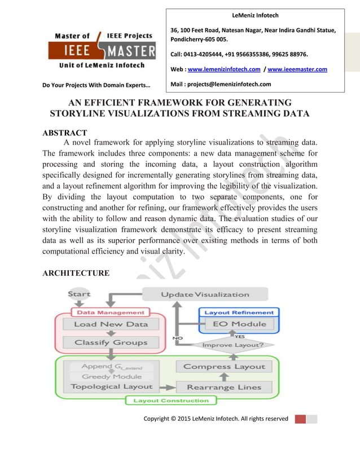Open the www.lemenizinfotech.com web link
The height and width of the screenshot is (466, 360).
pos(224,69)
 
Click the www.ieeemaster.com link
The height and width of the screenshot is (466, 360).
pos(297,69)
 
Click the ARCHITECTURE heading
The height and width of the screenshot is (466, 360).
pos(76,273)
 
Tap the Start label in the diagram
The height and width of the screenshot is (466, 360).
pos(78,294)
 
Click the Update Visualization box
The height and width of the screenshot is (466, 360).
pos(205,294)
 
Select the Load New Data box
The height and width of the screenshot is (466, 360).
pos(111,324)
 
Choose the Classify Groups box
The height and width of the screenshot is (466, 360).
pos(111,342)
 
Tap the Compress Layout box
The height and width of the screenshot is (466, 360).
pos(223,367)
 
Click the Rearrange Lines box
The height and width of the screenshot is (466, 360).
pos(225,387)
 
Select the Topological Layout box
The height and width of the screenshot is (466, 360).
pos(112,386)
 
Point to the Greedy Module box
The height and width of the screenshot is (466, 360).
pos(112,376)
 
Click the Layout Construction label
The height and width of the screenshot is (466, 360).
pos(170,401)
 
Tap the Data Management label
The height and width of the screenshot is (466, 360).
pos(111,312)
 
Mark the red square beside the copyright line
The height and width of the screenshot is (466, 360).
pos(300,419)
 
